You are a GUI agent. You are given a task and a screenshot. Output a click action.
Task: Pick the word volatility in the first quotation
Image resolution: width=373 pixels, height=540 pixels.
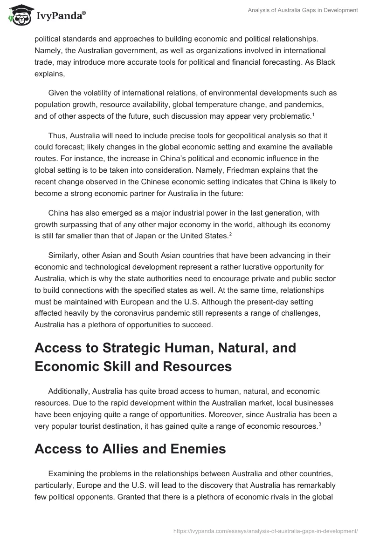103,93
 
